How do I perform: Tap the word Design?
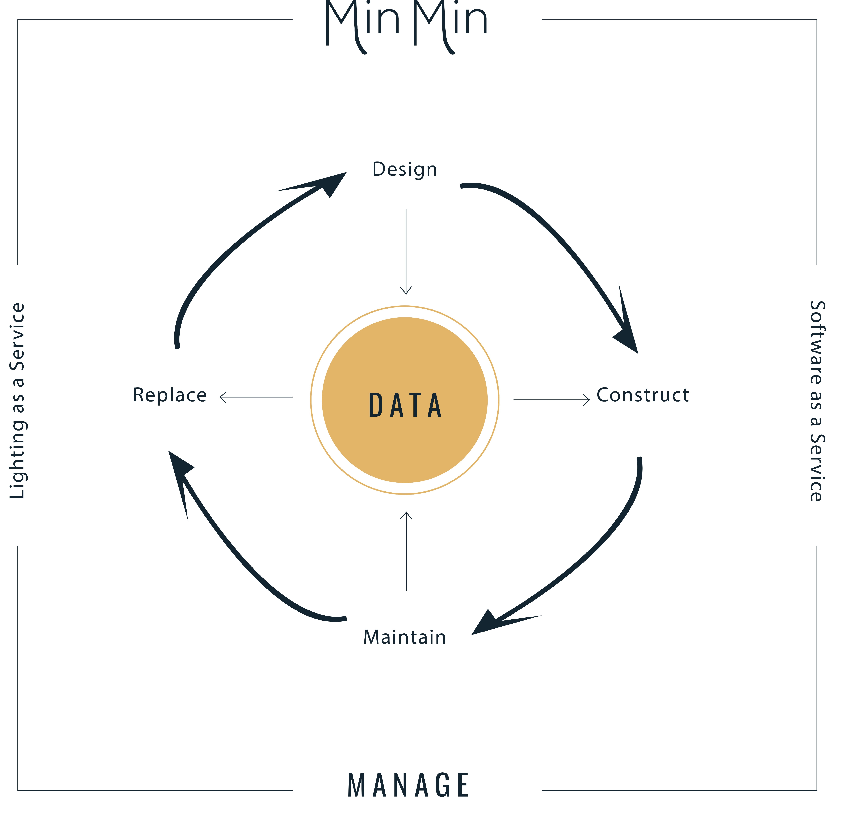pyautogui.click(x=404, y=169)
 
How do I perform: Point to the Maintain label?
pyautogui.click(x=404, y=637)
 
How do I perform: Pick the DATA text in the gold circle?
pyautogui.click(x=405, y=406)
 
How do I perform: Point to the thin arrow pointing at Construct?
pyautogui.click(x=552, y=400)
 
